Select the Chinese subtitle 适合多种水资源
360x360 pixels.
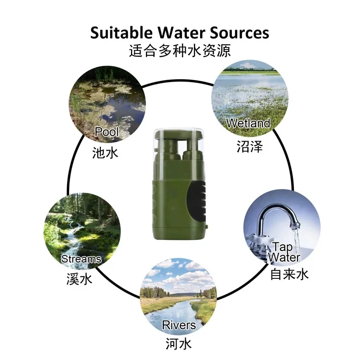(x=180, y=50)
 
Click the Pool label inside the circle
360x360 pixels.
(x=106, y=132)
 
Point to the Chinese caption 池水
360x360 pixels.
(x=105, y=153)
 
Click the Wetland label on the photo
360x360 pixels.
(x=248, y=123)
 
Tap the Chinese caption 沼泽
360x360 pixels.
(x=250, y=146)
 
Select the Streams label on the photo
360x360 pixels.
(x=81, y=259)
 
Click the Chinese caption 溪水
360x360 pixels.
(x=79, y=279)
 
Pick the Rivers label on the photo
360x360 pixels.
(x=179, y=325)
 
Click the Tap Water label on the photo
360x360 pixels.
(x=284, y=252)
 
